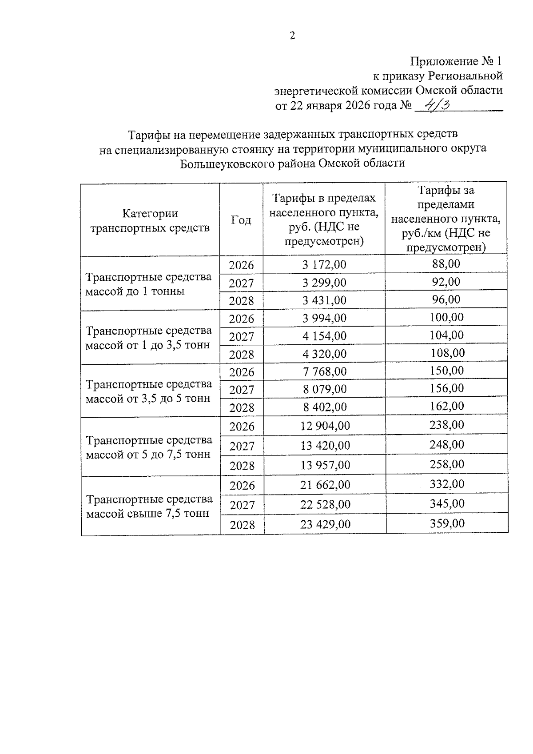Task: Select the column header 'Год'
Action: click(241, 220)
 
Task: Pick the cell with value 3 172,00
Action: click(324, 265)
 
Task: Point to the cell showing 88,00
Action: click(446, 264)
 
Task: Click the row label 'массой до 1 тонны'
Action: click(135, 292)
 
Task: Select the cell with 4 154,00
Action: click(324, 336)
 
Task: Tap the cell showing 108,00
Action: click(447, 353)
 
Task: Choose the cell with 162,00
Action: click(447, 406)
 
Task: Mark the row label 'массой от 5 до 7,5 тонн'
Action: click(148, 455)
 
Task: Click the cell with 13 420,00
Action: click(325, 445)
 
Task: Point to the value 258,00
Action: click(447, 464)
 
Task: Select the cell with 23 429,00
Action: click(325, 524)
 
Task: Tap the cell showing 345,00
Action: click(447, 504)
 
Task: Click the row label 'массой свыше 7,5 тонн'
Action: click(147, 514)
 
